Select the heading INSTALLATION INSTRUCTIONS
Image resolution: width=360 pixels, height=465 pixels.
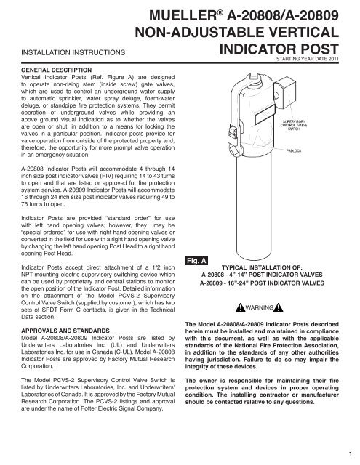tap(63, 52)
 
